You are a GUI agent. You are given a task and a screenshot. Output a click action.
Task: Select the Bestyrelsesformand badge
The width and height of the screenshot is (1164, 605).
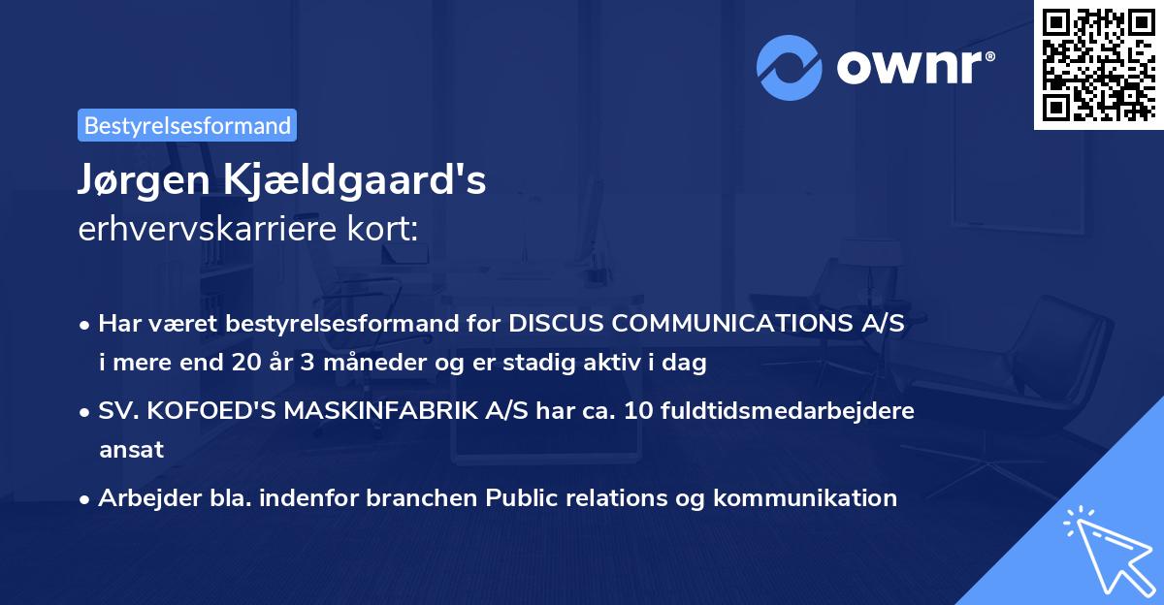pyautogui.click(x=187, y=125)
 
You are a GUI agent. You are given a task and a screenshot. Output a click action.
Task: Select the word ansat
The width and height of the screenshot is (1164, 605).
pyautogui.click(x=131, y=450)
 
